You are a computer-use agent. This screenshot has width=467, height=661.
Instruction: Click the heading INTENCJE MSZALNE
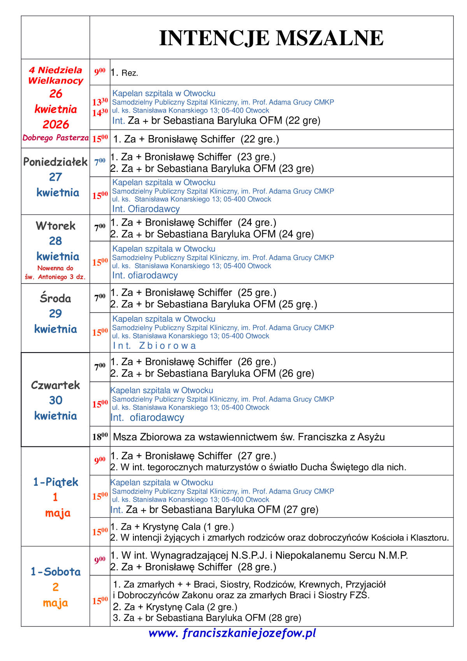pyautogui.click(x=271, y=38)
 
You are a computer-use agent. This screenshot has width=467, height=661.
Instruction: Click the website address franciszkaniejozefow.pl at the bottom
pyautogui.click(x=232, y=633)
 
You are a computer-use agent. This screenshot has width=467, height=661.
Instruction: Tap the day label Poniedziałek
pyautogui.click(x=55, y=162)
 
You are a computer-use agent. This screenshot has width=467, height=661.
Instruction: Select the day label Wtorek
pyautogui.click(x=55, y=226)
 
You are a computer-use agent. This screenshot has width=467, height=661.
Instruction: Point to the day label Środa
pyautogui.click(x=55, y=298)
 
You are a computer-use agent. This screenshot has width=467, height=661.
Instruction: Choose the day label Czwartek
pyautogui.click(x=55, y=385)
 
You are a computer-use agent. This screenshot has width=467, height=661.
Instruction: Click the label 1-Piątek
pyautogui.click(x=55, y=482)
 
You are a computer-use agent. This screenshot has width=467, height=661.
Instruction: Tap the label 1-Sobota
pyautogui.click(x=55, y=572)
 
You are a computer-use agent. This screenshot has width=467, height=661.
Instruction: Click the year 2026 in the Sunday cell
pyautogui.click(x=55, y=125)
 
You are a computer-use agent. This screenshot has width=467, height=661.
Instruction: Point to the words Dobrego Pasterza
pyautogui.click(x=55, y=138)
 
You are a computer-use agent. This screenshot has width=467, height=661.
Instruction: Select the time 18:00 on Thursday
pyautogui.click(x=100, y=437)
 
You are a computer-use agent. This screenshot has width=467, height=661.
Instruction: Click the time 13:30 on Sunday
pyautogui.click(x=100, y=102)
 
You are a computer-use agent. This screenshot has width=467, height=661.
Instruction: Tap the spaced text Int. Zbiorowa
pyautogui.click(x=154, y=345)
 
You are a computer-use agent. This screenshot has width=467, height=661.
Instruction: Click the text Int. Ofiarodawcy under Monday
pyautogui.click(x=146, y=209)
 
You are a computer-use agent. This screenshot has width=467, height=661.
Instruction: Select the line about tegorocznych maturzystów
pyautogui.click(x=258, y=467)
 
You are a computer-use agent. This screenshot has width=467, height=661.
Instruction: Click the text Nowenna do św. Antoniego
pyautogui.click(x=55, y=273)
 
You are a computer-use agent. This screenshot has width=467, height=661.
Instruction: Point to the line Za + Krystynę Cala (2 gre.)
pyautogui.click(x=175, y=607)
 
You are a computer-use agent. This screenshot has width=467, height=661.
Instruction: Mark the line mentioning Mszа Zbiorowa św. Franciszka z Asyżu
pyautogui.click(x=249, y=437)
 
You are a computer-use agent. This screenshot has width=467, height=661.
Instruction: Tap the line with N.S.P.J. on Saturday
pyautogui.click(x=259, y=555)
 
